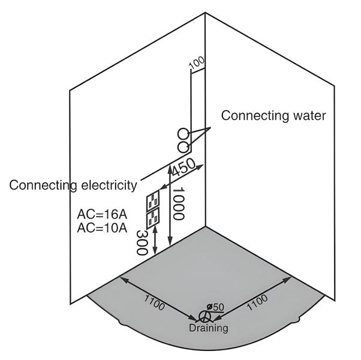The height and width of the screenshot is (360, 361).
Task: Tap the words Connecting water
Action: [274, 115]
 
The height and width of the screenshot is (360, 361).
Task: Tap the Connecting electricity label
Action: [73, 185]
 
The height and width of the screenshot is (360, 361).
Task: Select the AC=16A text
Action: [102, 214]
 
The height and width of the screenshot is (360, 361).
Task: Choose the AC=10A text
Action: [102, 228]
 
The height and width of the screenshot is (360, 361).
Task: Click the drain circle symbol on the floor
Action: [204, 316]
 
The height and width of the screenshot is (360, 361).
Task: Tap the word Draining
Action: [208, 328]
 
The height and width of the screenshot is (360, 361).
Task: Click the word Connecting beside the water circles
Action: [251, 115]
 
